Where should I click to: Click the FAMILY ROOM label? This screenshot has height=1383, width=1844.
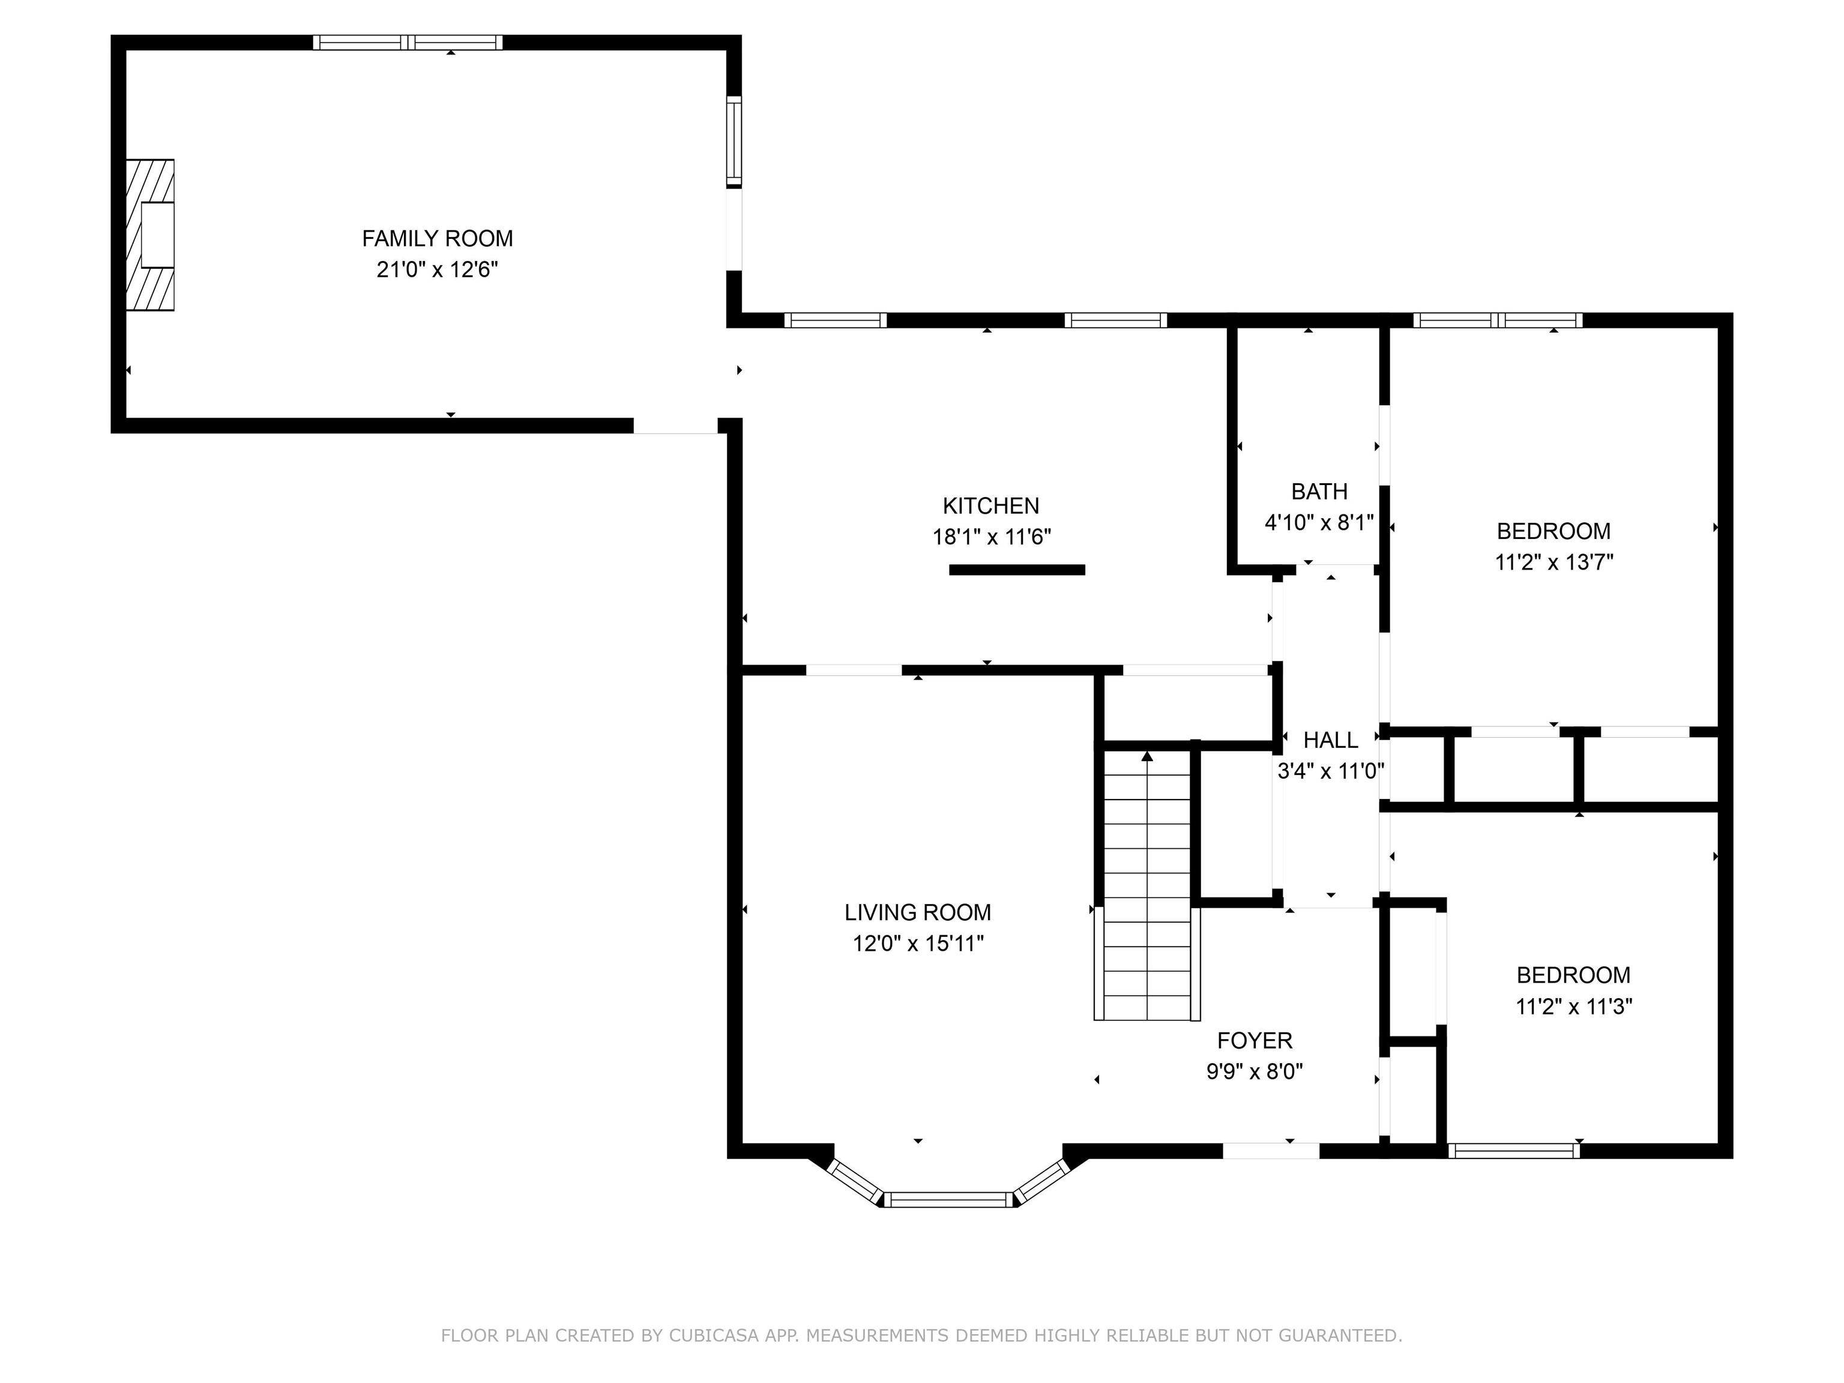point(437,238)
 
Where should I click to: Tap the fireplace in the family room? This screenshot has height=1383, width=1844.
point(150,235)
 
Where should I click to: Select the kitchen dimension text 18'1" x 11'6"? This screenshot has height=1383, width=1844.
point(991,537)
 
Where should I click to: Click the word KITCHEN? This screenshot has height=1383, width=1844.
point(991,506)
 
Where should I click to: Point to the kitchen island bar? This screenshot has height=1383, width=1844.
point(1017,570)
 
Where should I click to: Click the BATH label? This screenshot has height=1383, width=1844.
point(1319,492)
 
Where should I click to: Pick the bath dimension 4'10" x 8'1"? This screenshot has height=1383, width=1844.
point(1319,523)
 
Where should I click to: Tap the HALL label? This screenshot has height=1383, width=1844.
point(1331,740)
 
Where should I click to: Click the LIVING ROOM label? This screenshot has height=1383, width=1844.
point(918,913)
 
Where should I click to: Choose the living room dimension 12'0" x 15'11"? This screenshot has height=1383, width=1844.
point(918,944)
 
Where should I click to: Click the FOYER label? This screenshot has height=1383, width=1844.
point(1255,1040)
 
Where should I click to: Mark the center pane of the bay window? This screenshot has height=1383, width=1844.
point(948,1199)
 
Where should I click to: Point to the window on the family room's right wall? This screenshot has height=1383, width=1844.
point(734,142)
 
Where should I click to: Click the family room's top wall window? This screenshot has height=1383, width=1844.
point(408,43)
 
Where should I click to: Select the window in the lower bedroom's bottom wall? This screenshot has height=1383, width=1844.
point(1513,1151)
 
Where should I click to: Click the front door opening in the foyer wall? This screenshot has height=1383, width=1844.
point(1271,1151)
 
